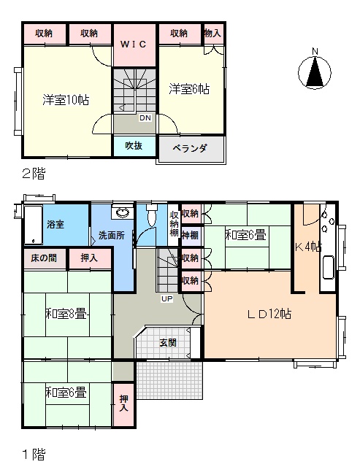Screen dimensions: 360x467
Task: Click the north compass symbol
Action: pyautogui.click(x=315, y=72)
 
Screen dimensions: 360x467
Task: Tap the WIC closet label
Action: pyautogui.click(x=134, y=45)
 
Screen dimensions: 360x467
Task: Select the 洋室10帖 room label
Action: pyautogui.click(x=66, y=100)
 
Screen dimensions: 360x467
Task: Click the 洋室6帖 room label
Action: pyautogui.click(x=189, y=89)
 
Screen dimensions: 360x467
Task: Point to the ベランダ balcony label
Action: pyautogui.click(x=190, y=148)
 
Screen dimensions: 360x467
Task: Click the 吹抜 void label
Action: pyautogui.click(x=134, y=146)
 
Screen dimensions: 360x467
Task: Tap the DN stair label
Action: pyautogui.click(x=145, y=118)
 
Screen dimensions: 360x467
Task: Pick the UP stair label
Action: pyautogui.click(x=167, y=298)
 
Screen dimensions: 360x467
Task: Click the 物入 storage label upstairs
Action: pyautogui.click(x=212, y=33)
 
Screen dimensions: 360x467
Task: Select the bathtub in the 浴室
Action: pyautogui.click(x=33, y=225)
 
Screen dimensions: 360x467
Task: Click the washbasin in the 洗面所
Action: pyautogui.click(x=122, y=212)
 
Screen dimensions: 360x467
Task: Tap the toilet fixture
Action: pyautogui.click(x=152, y=215)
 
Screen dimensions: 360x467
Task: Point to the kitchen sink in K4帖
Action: pyautogui.click(x=328, y=267)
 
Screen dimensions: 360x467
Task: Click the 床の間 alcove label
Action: pyautogui.click(x=44, y=258)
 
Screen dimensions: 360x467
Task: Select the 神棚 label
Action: pyautogui.click(x=190, y=235)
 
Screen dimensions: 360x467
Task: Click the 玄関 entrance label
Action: pyautogui.click(x=168, y=342)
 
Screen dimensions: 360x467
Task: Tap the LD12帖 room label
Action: pyautogui.click(x=269, y=314)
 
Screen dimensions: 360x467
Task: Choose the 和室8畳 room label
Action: pyautogui.click(x=66, y=314)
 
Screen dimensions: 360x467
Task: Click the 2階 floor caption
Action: pyautogui.click(x=34, y=174)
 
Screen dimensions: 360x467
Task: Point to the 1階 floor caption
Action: pyautogui.click(x=34, y=455)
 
